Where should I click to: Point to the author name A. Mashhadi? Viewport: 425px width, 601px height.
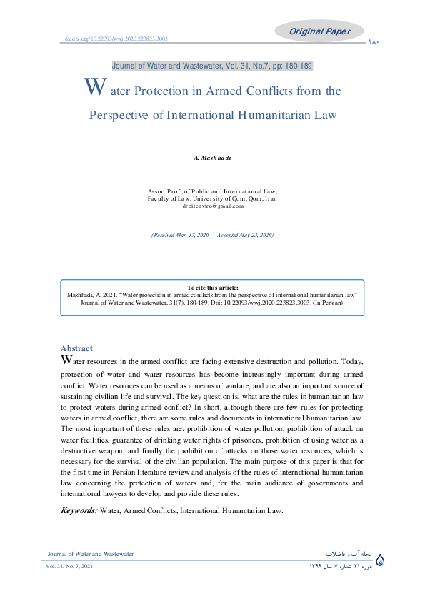[x=212, y=157]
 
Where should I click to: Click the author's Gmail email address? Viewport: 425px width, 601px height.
[x=212, y=206]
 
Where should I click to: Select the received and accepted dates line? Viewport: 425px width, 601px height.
[x=212, y=235]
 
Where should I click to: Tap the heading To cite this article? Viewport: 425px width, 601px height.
[x=212, y=287]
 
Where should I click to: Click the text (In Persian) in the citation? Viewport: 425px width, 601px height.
[x=326, y=303]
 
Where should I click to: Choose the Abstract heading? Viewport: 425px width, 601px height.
[x=77, y=348]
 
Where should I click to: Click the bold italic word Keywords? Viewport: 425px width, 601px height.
[x=79, y=510]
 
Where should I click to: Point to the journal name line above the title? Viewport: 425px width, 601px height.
[x=212, y=66]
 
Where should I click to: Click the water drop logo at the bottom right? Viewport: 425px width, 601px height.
[x=379, y=560]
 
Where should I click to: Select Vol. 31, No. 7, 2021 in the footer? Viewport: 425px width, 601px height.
[x=70, y=566]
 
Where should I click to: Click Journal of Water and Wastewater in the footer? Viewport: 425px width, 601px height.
[x=90, y=554]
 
